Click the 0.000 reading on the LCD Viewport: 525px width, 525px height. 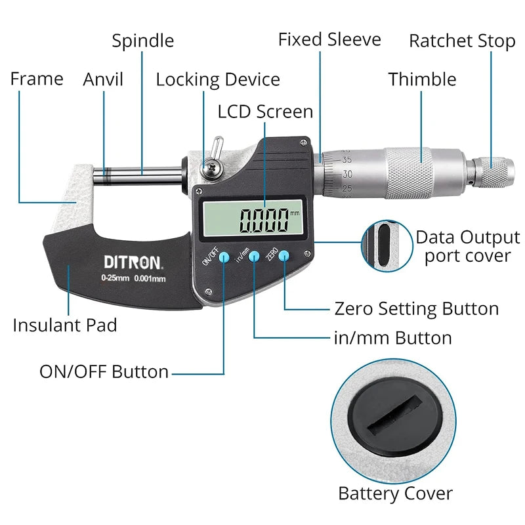tap(264, 220)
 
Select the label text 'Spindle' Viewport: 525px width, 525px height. tap(142, 41)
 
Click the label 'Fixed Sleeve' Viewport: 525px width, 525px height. tap(329, 39)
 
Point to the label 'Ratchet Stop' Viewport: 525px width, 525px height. tap(462, 41)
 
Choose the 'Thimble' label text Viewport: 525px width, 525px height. tap(422, 79)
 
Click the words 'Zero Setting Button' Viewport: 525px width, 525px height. tap(416, 308)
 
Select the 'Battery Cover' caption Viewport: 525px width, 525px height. tap(395, 493)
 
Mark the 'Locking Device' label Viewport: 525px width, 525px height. tap(218, 80)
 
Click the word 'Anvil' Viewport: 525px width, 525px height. tap(103, 79)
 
